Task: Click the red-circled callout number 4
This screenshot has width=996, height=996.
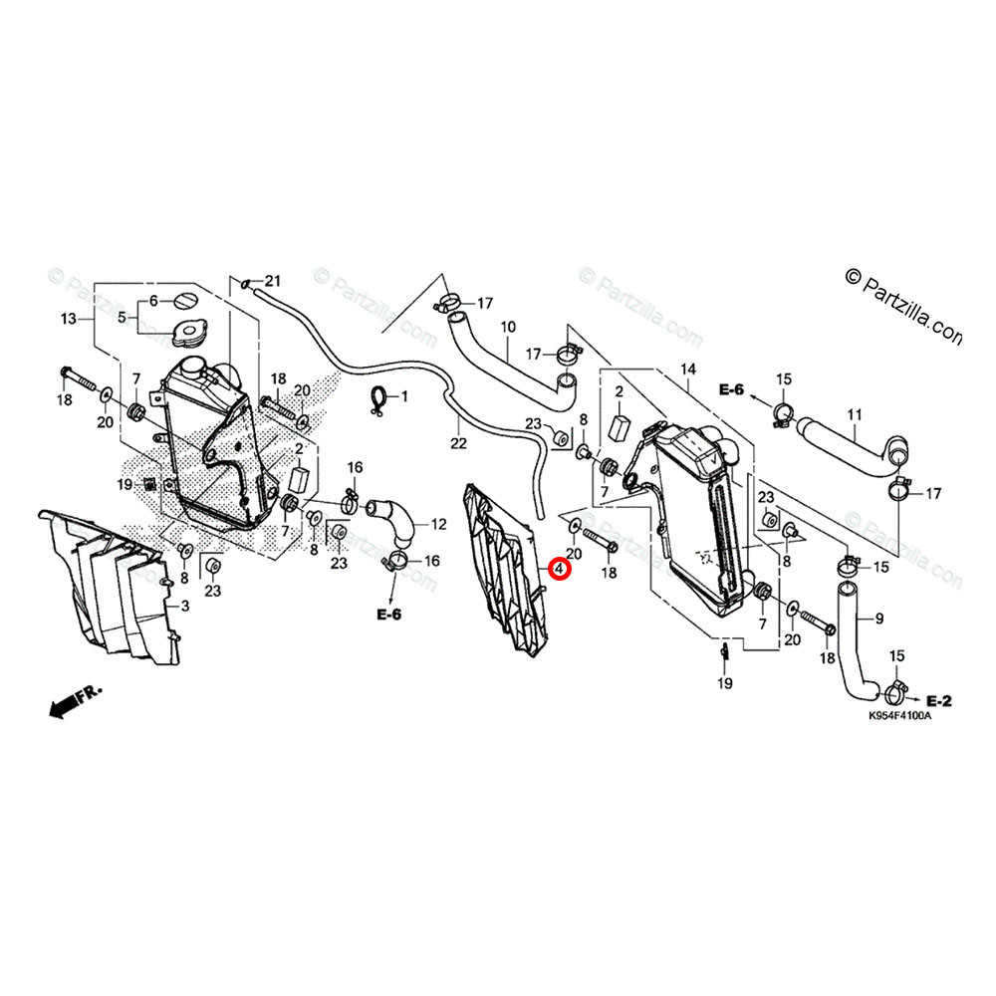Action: tap(560, 570)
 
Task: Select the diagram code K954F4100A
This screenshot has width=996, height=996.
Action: tap(898, 716)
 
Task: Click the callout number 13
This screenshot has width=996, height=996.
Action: tap(69, 320)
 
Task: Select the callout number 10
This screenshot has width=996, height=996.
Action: tap(507, 327)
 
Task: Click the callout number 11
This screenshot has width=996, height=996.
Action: tap(853, 413)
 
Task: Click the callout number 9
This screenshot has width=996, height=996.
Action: tap(878, 619)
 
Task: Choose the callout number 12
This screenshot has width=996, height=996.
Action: tap(437, 524)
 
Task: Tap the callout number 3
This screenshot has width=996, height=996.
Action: tap(183, 605)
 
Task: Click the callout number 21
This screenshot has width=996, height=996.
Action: tap(273, 279)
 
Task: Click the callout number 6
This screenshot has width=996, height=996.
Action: tap(153, 301)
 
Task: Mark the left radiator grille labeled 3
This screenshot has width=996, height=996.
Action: tap(110, 588)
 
